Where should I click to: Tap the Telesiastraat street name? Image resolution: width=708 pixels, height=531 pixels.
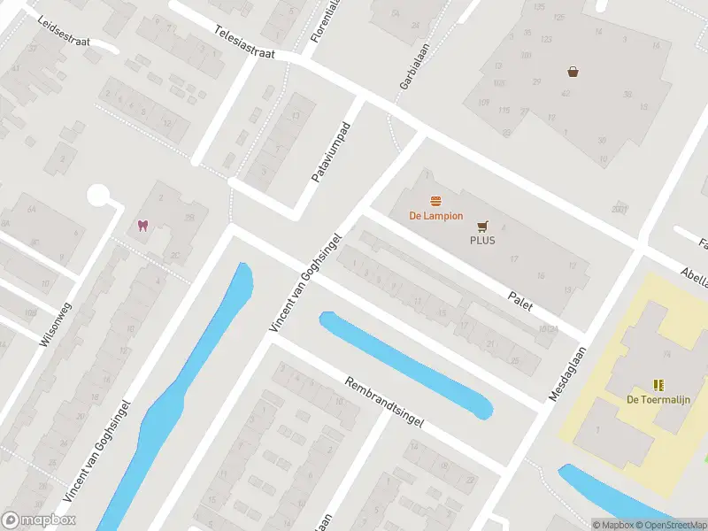(x=244, y=42)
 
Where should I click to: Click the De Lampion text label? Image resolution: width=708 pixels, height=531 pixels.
(x=435, y=216)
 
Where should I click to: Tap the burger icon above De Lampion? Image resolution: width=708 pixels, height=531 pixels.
(x=435, y=201)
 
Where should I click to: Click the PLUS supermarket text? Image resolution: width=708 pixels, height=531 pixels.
(x=482, y=240)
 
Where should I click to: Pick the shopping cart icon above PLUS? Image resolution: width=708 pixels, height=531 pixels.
(x=482, y=226)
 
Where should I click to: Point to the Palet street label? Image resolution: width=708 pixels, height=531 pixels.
(x=519, y=300)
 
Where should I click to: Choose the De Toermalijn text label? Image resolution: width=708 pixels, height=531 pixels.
(x=658, y=399)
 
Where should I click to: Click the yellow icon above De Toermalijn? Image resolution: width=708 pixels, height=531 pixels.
(x=658, y=384)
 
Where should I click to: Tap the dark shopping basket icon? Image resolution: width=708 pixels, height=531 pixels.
(x=573, y=72)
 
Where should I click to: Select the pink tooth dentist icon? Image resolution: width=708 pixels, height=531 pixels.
(x=142, y=225)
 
